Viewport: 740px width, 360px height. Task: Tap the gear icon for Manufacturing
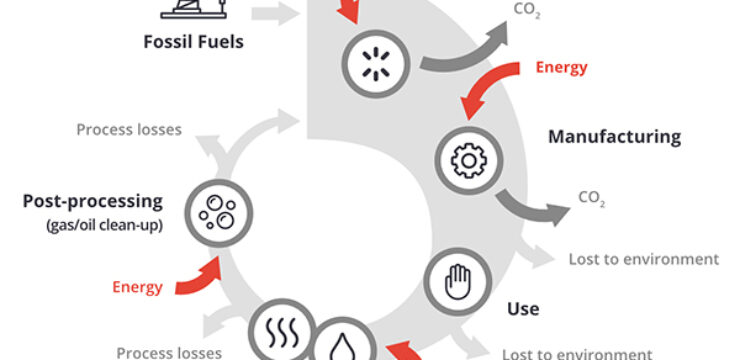click(x=465, y=159)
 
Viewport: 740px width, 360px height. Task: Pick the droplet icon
click(x=341, y=342)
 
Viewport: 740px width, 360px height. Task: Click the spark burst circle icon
click(x=372, y=61)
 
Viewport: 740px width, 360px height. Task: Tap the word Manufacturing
click(x=613, y=136)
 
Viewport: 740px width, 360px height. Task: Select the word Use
click(x=523, y=309)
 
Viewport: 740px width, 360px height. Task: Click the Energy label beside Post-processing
click(x=137, y=287)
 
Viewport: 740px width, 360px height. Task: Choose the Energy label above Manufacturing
click(x=561, y=67)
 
